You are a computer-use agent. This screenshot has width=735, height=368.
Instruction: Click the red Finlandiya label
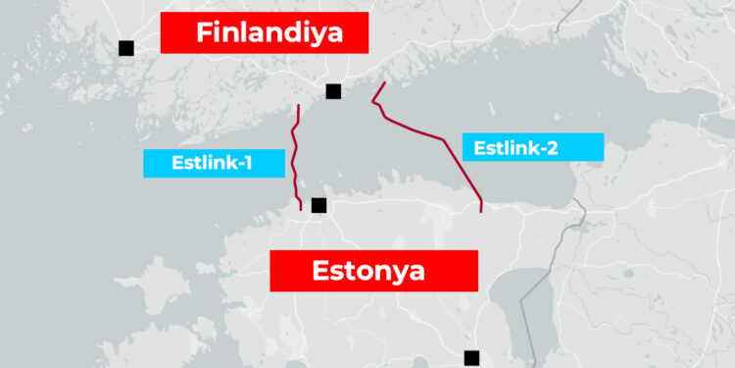coord(264,32)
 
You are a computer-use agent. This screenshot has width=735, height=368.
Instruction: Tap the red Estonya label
coord(373,271)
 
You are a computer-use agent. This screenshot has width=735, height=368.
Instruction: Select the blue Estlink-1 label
coord(214,163)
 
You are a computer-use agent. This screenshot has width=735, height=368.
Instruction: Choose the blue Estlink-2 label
coord(532,147)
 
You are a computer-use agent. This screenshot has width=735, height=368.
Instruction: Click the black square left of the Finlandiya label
coord(125,47)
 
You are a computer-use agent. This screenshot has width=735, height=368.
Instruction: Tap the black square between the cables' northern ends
coord(333,91)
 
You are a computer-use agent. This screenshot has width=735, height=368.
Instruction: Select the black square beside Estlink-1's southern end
coord(318,205)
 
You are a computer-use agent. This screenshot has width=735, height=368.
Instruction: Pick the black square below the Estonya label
coord(471,357)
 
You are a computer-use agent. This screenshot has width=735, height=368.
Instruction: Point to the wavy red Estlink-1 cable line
coord(293,157)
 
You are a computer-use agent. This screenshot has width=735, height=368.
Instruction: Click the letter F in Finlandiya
coord(204,32)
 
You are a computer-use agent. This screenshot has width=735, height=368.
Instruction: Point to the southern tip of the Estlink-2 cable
coord(481,210)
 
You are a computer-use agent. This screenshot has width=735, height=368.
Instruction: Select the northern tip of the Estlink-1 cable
coord(297,103)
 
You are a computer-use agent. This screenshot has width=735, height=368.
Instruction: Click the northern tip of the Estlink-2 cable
coord(384,83)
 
